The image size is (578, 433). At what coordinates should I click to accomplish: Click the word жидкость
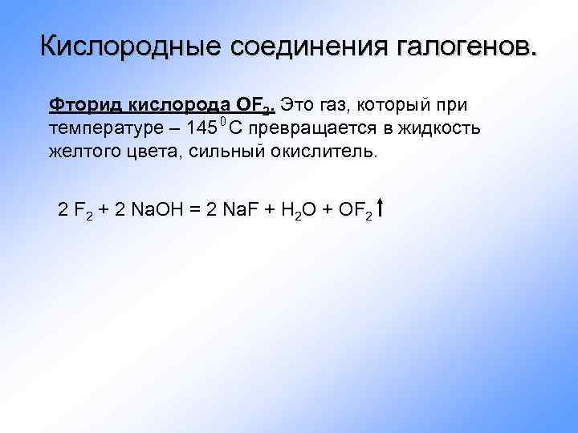coord(444,128)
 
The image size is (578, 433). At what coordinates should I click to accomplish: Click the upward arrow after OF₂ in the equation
coord(379,210)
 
